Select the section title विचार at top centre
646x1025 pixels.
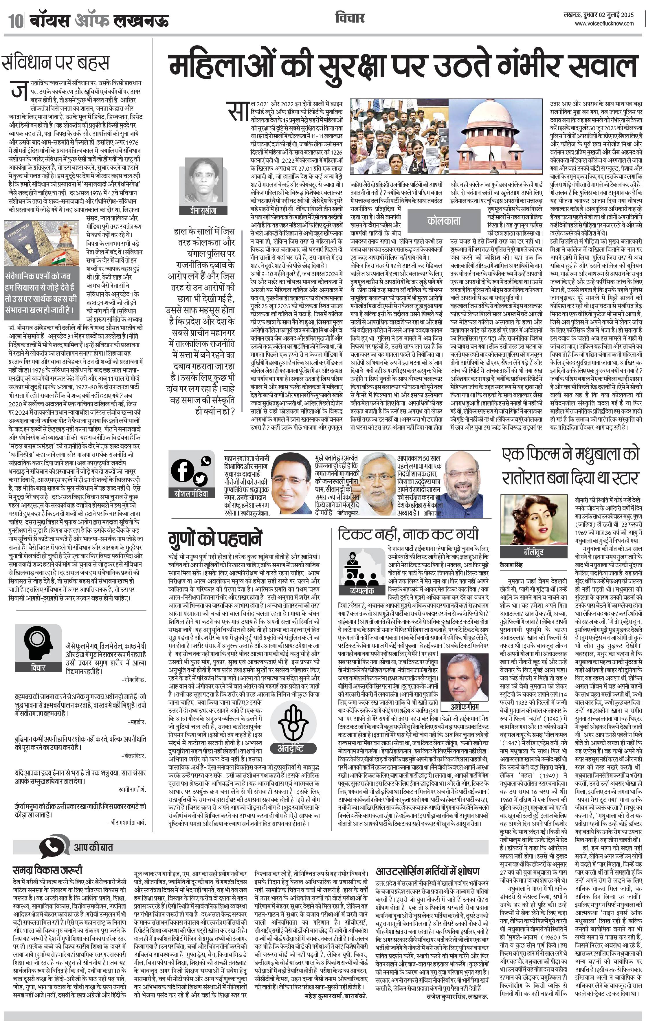(x=350, y=18)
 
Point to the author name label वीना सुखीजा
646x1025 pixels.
(x=203, y=210)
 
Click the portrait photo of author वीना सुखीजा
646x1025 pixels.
(x=203, y=181)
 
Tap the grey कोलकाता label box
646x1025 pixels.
(x=443, y=221)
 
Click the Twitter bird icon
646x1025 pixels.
(x=200, y=479)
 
